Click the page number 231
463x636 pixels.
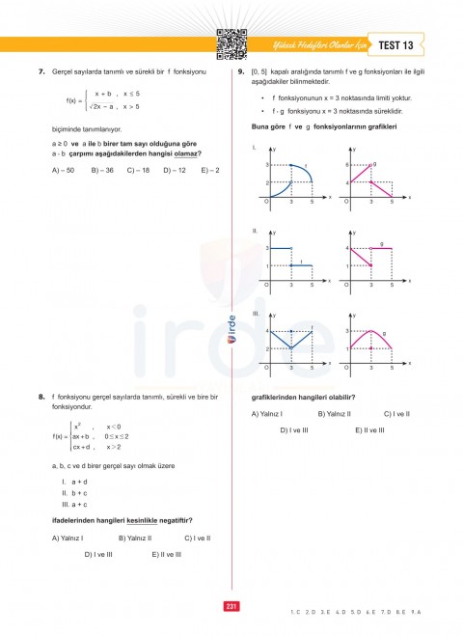coord(231,605)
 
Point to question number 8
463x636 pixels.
coord(42,396)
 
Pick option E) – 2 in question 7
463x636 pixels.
coord(210,170)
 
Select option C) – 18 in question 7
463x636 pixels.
coord(138,170)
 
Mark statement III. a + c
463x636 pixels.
coord(75,504)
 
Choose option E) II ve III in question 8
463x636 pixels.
coord(166,554)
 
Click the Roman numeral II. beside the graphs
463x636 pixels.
coord(255,232)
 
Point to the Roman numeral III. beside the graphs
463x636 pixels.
coord(256,314)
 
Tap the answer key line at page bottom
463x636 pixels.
coord(363,612)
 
